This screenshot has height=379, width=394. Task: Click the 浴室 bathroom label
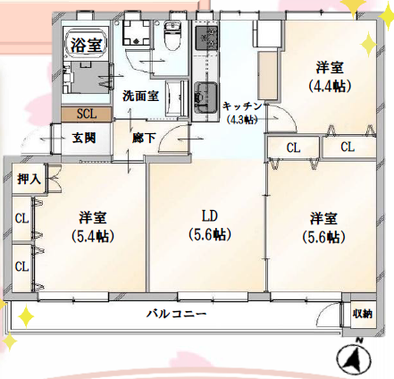(87, 45)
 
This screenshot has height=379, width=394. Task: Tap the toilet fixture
(172, 37)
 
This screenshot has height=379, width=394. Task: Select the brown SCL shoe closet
(87, 114)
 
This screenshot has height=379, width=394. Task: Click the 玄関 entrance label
(84, 138)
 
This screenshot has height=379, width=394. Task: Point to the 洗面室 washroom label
(140, 96)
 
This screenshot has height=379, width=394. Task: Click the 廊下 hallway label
(144, 138)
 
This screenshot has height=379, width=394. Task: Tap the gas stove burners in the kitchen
(205, 38)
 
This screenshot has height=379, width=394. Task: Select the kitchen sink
(205, 97)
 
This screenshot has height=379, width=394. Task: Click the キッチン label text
(242, 106)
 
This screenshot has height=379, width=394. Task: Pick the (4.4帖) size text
(330, 86)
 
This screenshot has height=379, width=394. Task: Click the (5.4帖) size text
(93, 237)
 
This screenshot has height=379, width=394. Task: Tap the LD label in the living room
(210, 216)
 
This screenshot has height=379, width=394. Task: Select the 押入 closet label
(29, 179)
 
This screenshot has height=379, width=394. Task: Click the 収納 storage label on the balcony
(363, 314)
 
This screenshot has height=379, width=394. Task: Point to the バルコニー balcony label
(176, 314)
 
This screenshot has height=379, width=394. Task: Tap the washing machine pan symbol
(137, 32)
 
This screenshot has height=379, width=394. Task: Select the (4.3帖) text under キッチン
(242, 120)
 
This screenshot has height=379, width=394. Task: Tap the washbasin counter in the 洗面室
(177, 97)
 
